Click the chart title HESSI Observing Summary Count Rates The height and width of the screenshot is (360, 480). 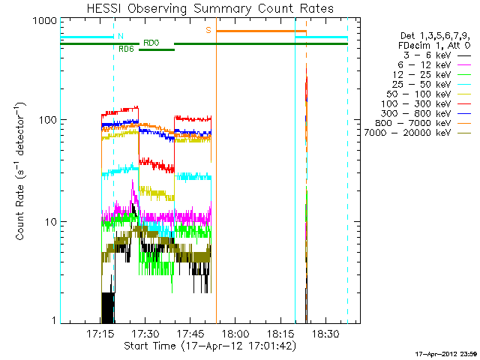[x=210, y=8]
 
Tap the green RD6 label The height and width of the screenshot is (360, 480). [x=127, y=49]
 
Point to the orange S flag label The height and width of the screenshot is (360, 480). [x=208, y=30]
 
